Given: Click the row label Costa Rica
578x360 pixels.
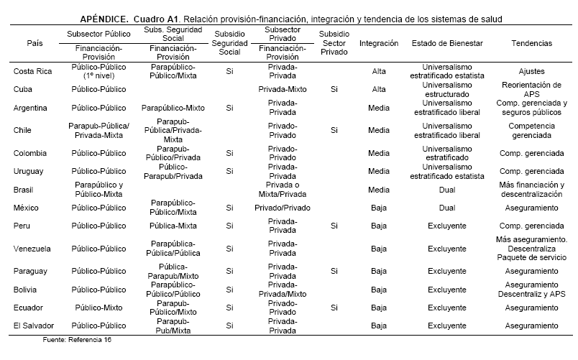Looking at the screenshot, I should click(33, 71).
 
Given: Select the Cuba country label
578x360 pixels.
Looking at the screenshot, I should click(24, 89).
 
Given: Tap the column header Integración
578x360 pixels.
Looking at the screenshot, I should click(378, 43).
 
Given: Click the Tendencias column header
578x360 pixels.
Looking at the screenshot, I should click(531, 43).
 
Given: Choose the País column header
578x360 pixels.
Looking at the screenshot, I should click(33, 43).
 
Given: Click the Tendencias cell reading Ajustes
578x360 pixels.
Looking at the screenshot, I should click(531, 71).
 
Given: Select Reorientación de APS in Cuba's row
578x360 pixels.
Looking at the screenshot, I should click(531, 89).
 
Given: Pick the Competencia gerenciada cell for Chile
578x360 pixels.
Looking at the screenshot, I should click(531, 130).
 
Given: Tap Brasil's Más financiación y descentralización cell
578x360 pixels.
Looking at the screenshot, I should click(531, 190).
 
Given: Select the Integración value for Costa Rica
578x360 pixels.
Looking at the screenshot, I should click(378, 71).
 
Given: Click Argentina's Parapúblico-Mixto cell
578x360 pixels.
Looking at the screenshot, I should click(173, 108).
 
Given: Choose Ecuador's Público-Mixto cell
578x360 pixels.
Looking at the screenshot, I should click(100, 307).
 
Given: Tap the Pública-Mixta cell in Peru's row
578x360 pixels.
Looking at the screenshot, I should click(173, 225).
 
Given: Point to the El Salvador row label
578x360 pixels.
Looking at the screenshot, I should click(35, 326).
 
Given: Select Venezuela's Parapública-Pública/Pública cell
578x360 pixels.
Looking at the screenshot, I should click(173, 248).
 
